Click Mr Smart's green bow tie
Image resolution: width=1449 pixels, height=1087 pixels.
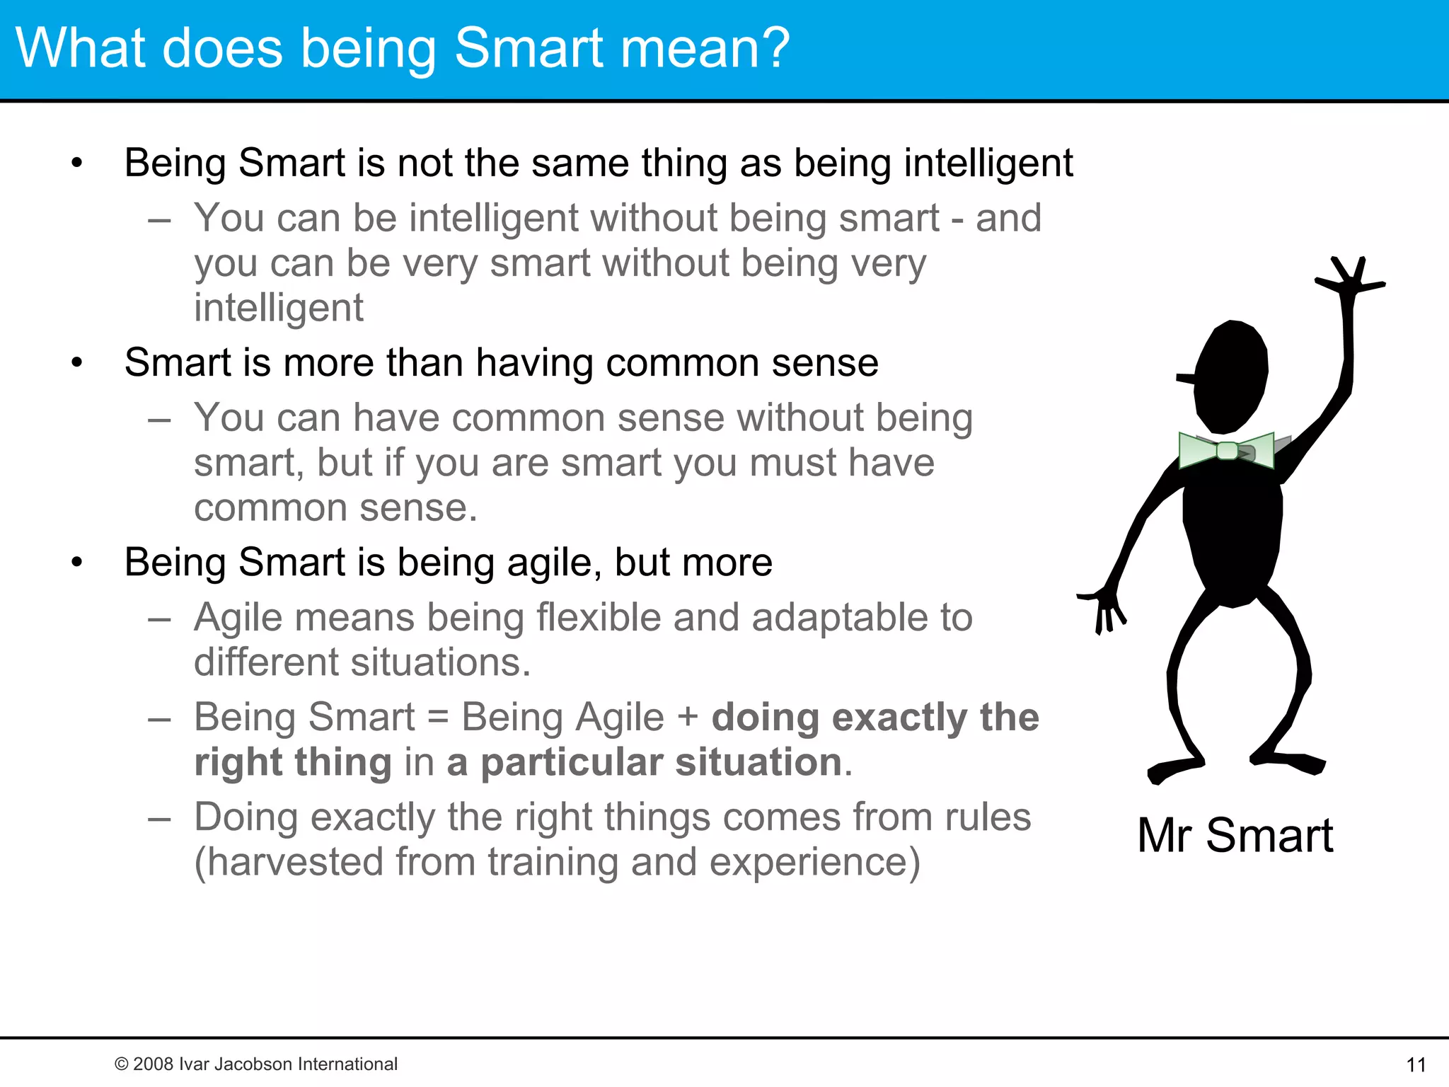click(x=1227, y=450)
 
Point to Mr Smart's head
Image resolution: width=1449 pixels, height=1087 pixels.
click(x=1231, y=375)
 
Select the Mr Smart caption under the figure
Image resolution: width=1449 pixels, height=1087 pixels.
click(x=1235, y=835)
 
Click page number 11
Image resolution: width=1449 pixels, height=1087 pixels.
click(x=1416, y=1064)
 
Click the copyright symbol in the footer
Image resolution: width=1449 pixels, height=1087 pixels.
click(x=122, y=1064)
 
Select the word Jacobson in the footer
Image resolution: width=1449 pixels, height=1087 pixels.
click(x=254, y=1064)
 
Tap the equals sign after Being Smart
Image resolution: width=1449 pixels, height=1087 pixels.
click(x=438, y=718)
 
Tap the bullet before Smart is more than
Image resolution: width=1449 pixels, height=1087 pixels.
click(x=77, y=364)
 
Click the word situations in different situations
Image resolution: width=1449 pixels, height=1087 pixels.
click(x=439, y=662)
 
